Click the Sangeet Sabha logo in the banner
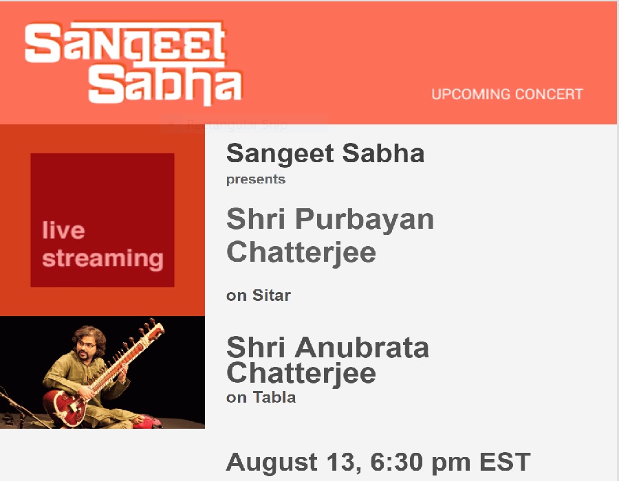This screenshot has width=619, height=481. pyautogui.click(x=133, y=63)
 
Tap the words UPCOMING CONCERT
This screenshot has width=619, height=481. pyautogui.click(x=507, y=94)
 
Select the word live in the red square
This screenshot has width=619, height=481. pyautogui.click(x=63, y=230)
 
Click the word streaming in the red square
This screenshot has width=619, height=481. pyautogui.click(x=102, y=258)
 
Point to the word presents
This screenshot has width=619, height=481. pyautogui.click(x=256, y=179)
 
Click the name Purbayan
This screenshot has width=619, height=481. pyautogui.click(x=365, y=220)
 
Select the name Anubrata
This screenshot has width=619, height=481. pyautogui.click(x=362, y=348)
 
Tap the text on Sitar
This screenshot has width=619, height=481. pyautogui.click(x=259, y=295)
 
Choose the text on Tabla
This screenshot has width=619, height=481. pyautogui.click(x=261, y=397)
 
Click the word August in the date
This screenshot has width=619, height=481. pyautogui.click(x=272, y=462)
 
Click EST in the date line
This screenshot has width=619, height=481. pyautogui.click(x=505, y=462)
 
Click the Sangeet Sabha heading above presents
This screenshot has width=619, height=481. pyautogui.click(x=325, y=153)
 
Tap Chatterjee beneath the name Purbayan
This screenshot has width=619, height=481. pyautogui.click(x=301, y=253)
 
